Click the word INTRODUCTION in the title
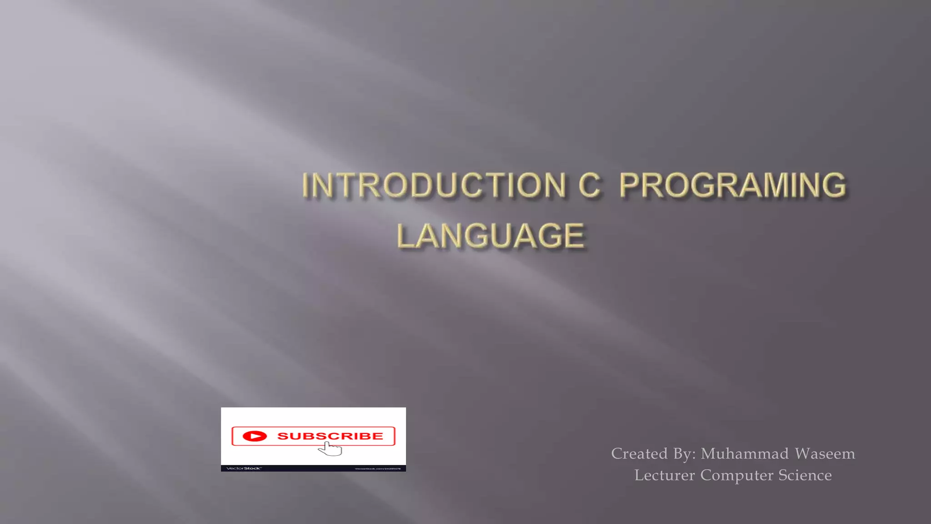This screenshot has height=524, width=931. click(x=434, y=185)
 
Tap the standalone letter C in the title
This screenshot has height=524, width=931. click(x=589, y=185)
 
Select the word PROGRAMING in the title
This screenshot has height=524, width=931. click(x=732, y=185)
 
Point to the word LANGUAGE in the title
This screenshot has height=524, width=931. click(x=491, y=236)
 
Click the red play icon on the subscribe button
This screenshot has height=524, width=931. click(x=255, y=436)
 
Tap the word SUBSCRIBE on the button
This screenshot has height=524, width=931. click(x=330, y=436)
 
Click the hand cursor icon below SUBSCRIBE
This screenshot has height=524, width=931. click(x=331, y=448)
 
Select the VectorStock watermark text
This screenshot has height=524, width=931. click(x=244, y=468)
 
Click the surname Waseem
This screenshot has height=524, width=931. click(x=825, y=453)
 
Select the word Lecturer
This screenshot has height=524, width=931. click(x=664, y=475)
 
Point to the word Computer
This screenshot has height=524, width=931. click(x=736, y=475)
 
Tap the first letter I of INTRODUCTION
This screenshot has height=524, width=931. click(x=306, y=185)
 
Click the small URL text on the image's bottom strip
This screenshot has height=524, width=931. click(x=377, y=469)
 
